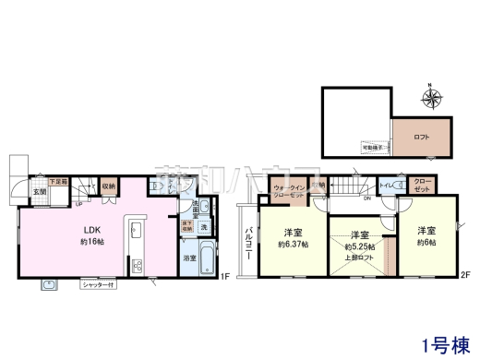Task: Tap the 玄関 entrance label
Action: point(40,192)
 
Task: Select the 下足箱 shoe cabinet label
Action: point(57,182)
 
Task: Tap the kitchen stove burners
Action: point(137,266)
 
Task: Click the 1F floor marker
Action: point(224,275)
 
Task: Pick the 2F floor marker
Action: point(466,275)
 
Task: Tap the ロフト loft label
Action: point(421,137)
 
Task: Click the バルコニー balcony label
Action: point(247,237)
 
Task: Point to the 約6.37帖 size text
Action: point(293,244)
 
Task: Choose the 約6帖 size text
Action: point(426,243)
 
